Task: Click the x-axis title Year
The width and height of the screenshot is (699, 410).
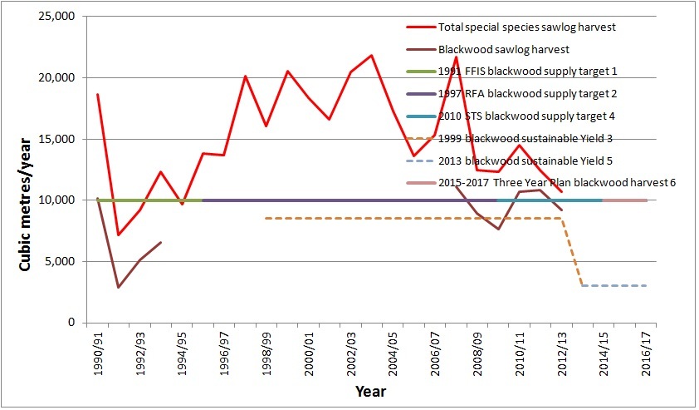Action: coord(369,390)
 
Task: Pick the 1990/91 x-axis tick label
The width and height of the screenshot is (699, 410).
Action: coord(99,353)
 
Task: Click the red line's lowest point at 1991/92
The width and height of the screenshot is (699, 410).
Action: coord(119,235)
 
